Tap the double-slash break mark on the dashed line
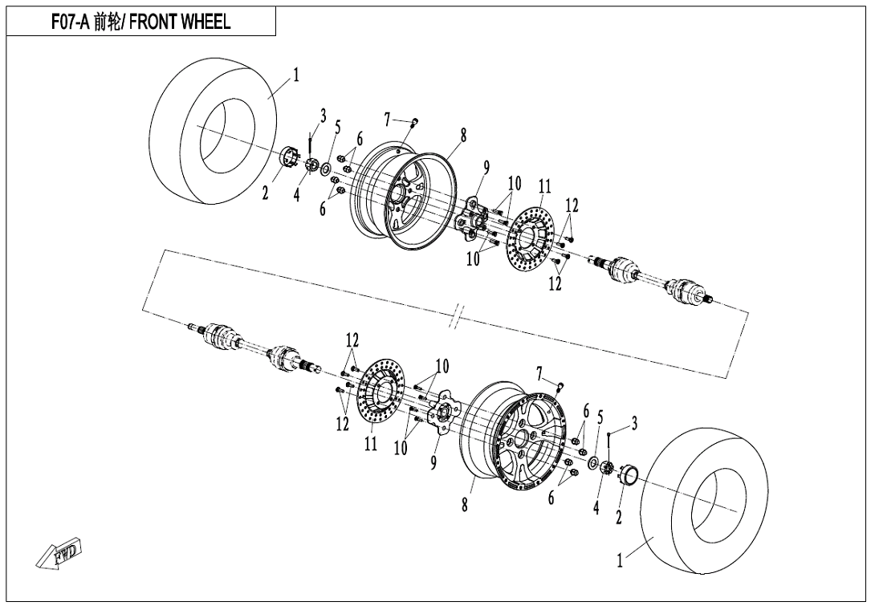455,316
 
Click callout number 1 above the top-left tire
296,75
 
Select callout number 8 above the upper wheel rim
463,136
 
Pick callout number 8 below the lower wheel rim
464,505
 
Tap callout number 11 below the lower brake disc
370,443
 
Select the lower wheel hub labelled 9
439,414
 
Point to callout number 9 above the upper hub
486,168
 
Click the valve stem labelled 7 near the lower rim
560,387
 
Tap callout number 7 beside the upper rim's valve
387,120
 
